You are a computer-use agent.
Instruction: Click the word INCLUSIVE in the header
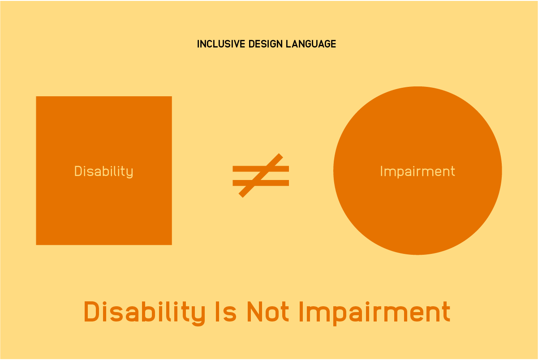pos(221,44)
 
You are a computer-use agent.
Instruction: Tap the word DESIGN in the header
pos(265,44)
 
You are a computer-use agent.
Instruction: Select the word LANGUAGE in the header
pos(311,44)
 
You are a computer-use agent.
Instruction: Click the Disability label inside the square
pos(103,171)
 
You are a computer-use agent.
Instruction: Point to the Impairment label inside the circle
pos(417,171)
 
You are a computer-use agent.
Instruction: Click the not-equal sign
pos(261,176)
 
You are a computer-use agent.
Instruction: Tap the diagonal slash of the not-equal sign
pos(261,176)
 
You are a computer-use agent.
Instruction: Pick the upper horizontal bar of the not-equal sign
pos(261,169)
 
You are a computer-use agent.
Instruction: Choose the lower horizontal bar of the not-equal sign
pos(261,183)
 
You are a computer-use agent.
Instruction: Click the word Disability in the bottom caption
pos(144,313)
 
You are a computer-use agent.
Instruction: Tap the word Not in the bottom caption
pos(268,312)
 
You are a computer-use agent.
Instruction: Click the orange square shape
pos(104,171)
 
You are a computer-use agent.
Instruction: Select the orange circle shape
pos(417,171)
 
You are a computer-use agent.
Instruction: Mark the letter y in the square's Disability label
pos(129,173)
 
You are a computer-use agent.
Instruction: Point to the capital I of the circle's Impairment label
pos(381,171)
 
